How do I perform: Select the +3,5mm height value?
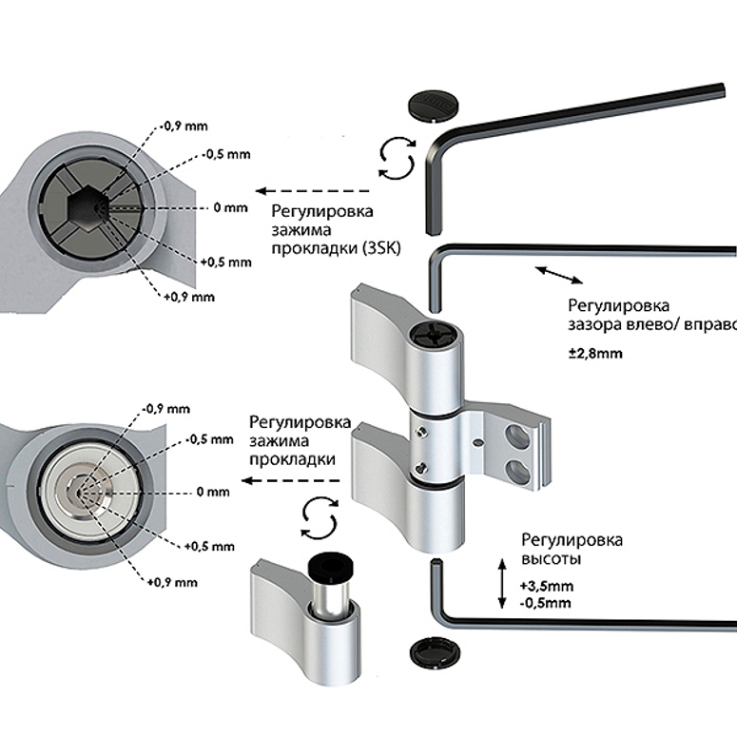coord(547,586)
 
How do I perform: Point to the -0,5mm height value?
coord(546,603)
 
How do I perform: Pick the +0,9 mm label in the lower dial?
coord(173,581)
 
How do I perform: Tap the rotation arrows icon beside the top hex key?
coord(394,156)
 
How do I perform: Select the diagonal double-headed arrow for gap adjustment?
coord(559,277)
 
